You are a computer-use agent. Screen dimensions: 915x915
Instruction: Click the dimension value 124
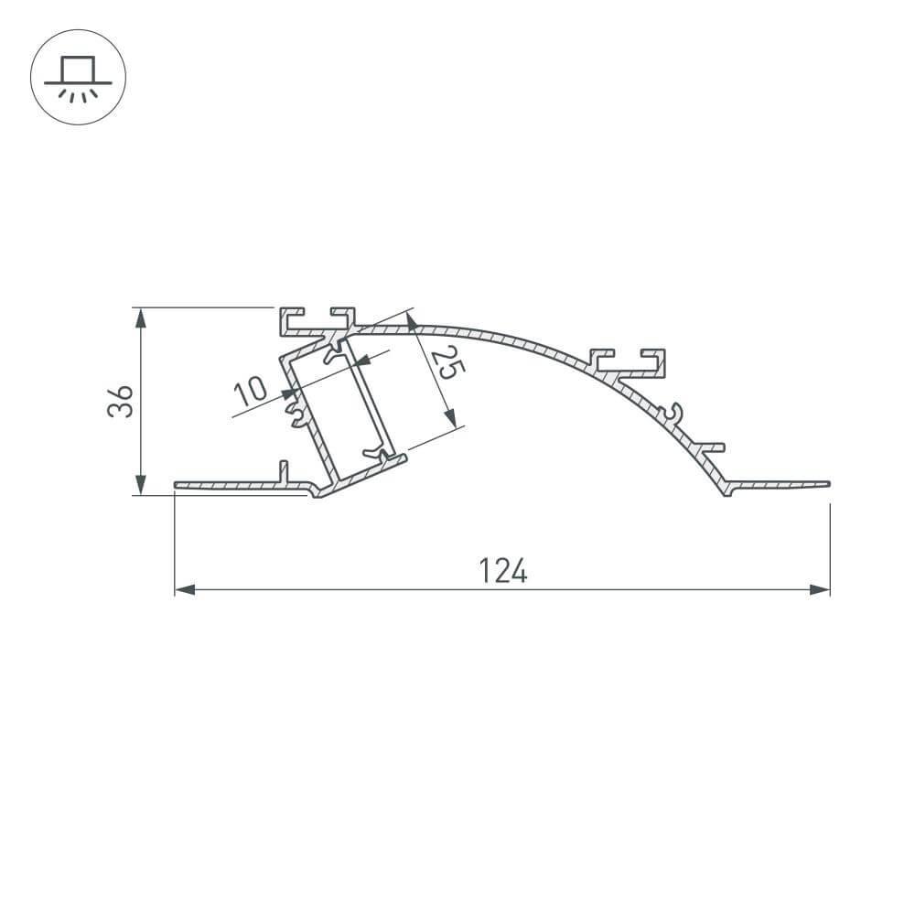click(x=502, y=571)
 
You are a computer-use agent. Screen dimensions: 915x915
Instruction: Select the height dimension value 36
click(x=121, y=402)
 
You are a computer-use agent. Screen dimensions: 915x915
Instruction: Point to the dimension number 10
click(x=250, y=391)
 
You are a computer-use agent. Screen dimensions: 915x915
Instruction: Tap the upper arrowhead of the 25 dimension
click(x=412, y=322)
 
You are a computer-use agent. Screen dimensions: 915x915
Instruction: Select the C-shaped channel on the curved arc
click(x=629, y=361)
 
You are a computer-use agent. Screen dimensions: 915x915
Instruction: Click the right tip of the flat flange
click(x=827, y=482)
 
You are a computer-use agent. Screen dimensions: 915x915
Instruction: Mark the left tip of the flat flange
click(x=177, y=484)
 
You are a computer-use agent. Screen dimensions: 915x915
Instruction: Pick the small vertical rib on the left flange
click(x=284, y=471)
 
